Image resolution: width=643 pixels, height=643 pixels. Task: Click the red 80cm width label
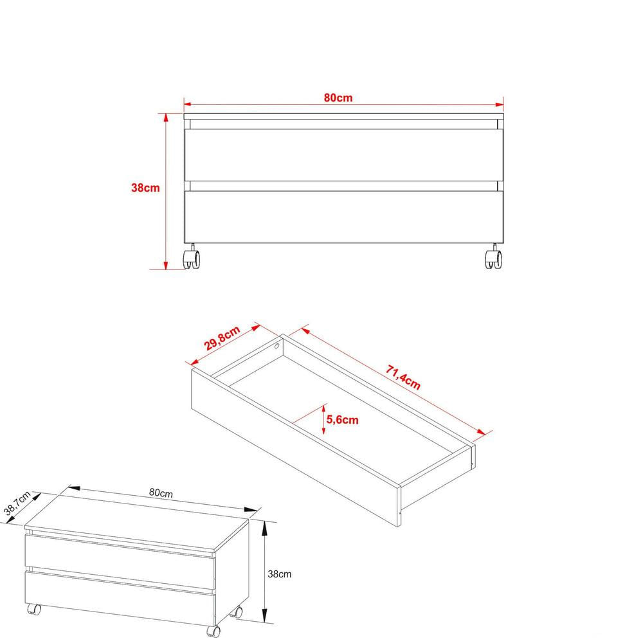point(338,98)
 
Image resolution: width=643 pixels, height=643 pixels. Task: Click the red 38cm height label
point(145,188)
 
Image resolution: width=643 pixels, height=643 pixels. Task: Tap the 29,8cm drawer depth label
point(222,339)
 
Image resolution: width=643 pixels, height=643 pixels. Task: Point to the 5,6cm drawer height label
point(343,420)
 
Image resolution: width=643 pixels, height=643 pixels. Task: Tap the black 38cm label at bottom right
point(281,573)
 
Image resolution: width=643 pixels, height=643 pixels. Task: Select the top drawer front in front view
point(343,155)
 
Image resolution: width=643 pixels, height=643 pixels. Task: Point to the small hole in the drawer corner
point(276,346)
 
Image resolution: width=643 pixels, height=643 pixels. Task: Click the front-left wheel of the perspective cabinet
point(33,609)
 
